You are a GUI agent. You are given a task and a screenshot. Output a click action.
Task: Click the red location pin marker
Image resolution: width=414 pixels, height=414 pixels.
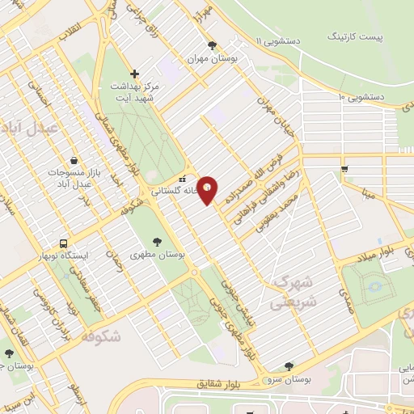pyautogui.click(x=208, y=190)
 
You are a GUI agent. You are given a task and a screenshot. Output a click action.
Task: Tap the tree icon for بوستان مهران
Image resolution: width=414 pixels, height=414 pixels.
pyautogui.click(x=212, y=46)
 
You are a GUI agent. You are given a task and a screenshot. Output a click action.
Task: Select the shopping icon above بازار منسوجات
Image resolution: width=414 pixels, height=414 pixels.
pyautogui.click(x=74, y=159)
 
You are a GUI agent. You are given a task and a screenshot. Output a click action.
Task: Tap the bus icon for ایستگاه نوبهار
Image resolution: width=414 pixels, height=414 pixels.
pyautogui.click(x=63, y=243)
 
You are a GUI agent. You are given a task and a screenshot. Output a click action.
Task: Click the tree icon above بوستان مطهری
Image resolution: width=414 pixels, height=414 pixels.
pyautogui.click(x=157, y=241)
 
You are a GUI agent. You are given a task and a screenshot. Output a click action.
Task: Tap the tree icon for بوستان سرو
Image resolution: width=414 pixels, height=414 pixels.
pyautogui.click(x=289, y=366)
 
